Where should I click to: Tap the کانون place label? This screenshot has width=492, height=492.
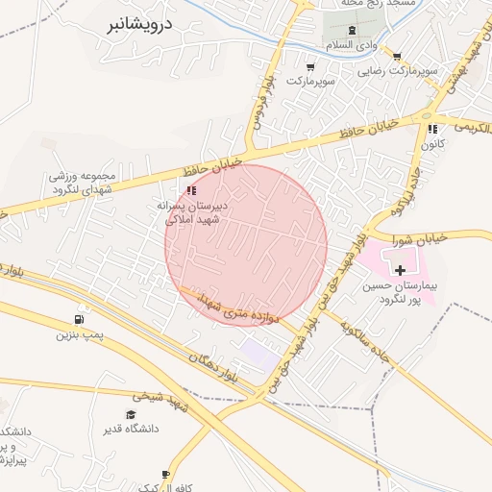click(x=431, y=145)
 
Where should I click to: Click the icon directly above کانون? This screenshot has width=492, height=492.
click(x=432, y=129)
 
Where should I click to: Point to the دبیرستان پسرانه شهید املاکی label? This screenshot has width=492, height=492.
click(x=193, y=212)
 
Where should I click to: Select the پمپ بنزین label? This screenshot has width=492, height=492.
click(x=78, y=335)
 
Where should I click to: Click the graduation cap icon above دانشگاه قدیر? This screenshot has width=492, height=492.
click(x=130, y=414)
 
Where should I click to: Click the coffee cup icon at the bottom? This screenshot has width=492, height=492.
click(x=165, y=475)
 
